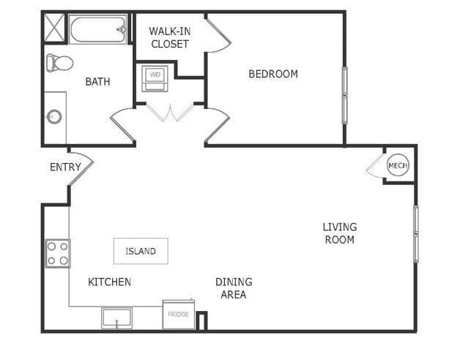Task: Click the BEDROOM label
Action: (272, 74)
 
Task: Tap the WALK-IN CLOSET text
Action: (169, 37)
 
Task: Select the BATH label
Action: (97, 81)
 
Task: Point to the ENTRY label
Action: (65, 167)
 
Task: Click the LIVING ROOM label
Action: (339, 233)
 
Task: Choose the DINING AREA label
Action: (234, 288)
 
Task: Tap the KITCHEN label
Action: (109, 282)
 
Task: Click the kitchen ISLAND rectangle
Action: (140, 251)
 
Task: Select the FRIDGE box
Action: (178, 315)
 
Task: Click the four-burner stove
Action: (58, 253)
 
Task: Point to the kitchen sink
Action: (116, 319)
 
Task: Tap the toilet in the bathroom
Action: (59, 63)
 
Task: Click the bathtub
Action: (99, 30)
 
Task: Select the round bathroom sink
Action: (54, 116)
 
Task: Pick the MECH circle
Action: (397, 166)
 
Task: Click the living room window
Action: (415, 233)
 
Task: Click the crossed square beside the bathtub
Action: (55, 28)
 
